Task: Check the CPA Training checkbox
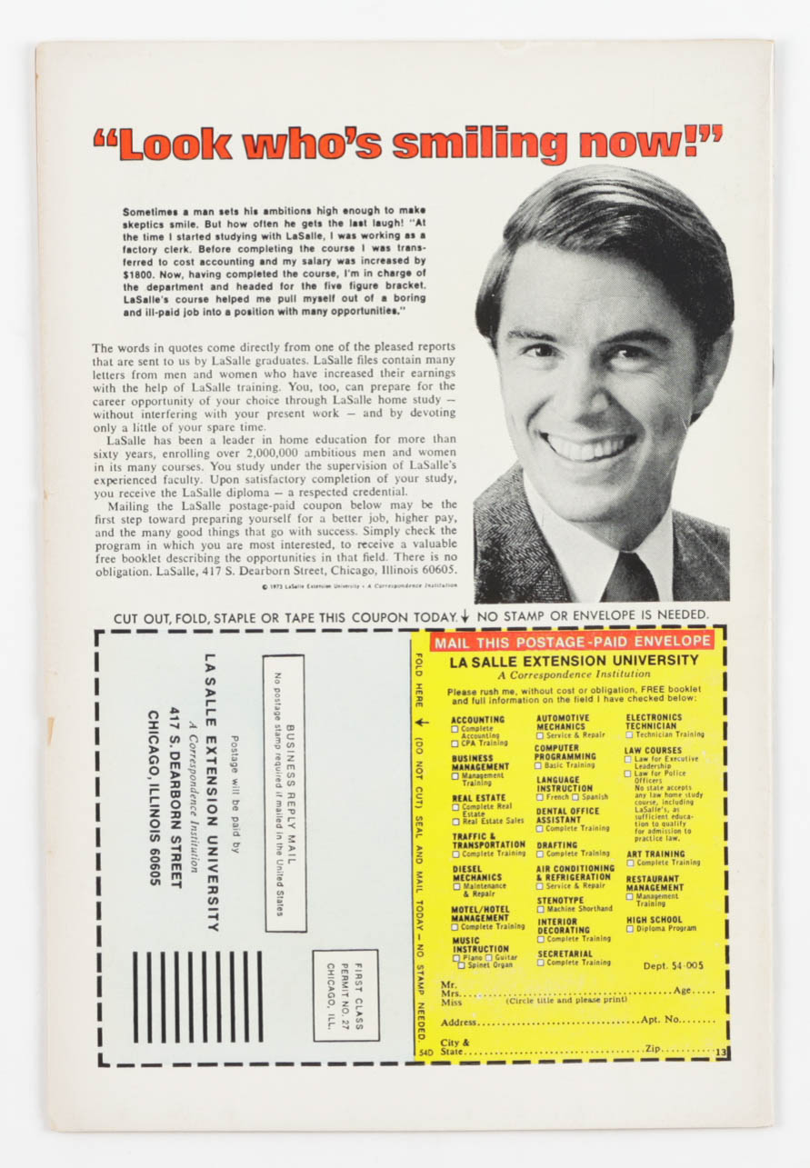[456, 744]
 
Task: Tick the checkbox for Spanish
[576, 797]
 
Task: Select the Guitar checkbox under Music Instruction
[490, 958]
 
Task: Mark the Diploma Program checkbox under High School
[628, 929]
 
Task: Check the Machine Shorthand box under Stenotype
[540, 909]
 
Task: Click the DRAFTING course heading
[557, 844]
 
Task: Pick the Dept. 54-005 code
[673, 965]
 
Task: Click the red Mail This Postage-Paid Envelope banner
[572, 642]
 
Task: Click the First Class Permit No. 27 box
[345, 995]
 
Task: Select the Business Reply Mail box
[285, 794]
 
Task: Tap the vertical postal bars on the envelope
[197, 996]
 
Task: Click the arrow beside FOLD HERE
[419, 724]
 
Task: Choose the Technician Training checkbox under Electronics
[629, 734]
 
